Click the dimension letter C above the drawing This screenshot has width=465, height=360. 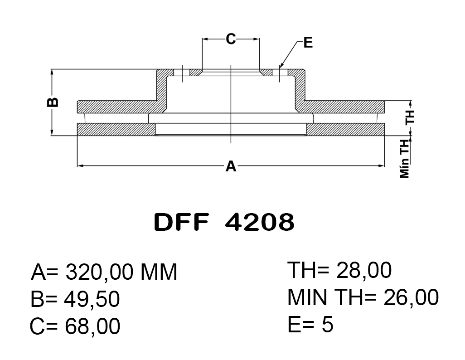(x=231, y=39)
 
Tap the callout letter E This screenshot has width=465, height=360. (x=308, y=43)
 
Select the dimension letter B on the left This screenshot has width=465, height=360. (x=53, y=102)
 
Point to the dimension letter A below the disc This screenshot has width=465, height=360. (x=231, y=166)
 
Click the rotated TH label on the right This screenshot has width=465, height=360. (x=410, y=117)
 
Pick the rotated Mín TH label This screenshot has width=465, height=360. (x=405, y=159)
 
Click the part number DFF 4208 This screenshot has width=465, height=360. (x=224, y=222)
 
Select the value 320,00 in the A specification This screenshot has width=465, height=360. (x=99, y=272)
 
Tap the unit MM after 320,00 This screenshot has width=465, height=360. (x=159, y=272)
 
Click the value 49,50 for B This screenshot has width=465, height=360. (x=92, y=299)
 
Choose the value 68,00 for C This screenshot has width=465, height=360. (x=92, y=326)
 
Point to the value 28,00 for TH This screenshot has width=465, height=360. (x=363, y=270)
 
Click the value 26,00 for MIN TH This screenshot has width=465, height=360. (x=411, y=297)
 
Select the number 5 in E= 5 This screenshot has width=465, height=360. (x=327, y=324)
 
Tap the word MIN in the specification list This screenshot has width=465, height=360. (x=307, y=297)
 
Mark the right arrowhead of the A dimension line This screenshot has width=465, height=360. (x=381, y=166)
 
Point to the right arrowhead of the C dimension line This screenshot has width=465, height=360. (x=256, y=39)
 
